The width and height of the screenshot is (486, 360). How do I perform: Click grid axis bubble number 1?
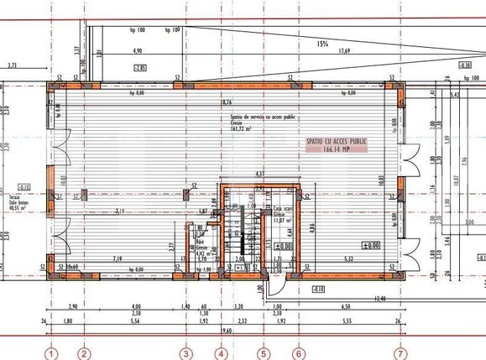pos(53,353)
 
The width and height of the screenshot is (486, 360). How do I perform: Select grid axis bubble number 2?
pos(83,353)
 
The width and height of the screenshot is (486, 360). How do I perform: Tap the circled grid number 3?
pos(186,353)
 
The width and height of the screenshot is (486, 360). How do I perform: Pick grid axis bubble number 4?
pos(221,353)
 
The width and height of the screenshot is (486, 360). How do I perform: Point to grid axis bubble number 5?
pos(263,353)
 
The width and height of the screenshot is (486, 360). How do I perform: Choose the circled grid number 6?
pos(296,353)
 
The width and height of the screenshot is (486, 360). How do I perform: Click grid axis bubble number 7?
pos(400,353)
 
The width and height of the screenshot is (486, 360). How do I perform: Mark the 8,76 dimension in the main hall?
pos(226,102)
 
